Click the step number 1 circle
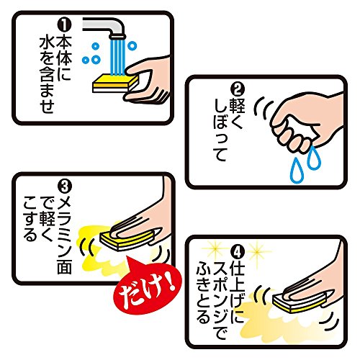click(x=64, y=26)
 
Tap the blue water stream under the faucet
click(x=117, y=55)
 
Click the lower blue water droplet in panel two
click(x=297, y=171)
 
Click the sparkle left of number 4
click(x=212, y=250)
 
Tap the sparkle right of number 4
click(x=257, y=251)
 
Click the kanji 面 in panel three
click(x=64, y=266)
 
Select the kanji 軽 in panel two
click(x=237, y=106)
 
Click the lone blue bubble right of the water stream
click(x=132, y=45)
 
